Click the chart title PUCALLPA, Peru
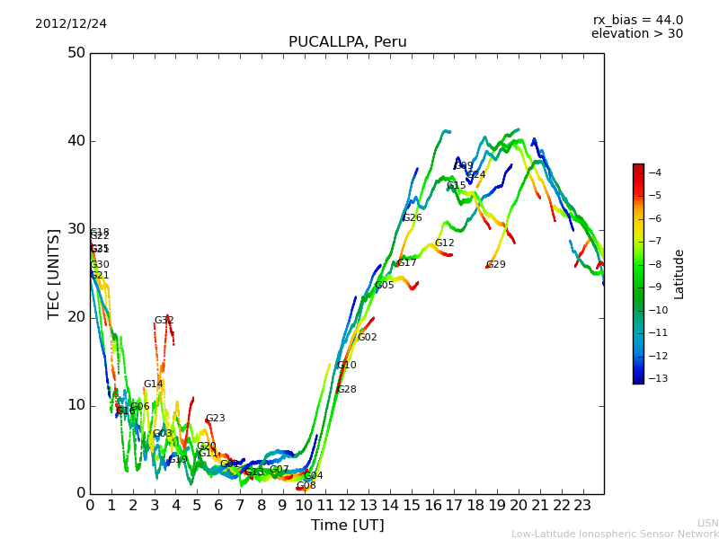[347, 42]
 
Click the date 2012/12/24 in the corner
[71, 23]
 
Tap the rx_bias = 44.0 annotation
[637, 20]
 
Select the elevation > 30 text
[636, 34]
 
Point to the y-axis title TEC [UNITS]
[54, 273]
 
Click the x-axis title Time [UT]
[347, 525]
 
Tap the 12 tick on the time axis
[347, 505]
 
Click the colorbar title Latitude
[679, 274]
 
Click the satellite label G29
[496, 265]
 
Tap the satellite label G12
[445, 243]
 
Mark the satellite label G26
[413, 218]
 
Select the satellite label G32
[164, 321]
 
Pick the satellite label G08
[306, 486]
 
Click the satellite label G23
[216, 419]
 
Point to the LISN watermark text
[708, 523]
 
